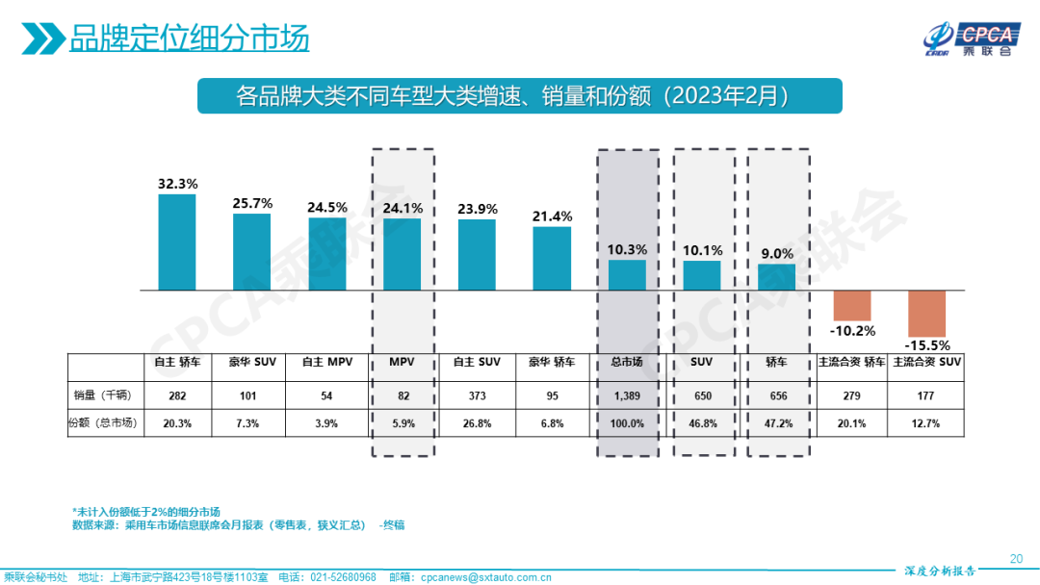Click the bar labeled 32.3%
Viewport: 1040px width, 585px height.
click(177, 242)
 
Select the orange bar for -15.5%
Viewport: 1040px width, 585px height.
click(927, 313)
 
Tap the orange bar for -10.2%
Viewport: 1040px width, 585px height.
click(852, 305)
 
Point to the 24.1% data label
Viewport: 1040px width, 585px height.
click(403, 208)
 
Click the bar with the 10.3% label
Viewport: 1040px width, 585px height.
click(628, 274)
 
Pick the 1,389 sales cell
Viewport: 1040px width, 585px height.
click(628, 395)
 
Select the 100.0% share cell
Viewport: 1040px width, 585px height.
click(628, 422)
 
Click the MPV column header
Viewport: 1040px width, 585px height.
click(403, 363)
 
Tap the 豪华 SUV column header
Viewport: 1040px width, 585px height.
click(252, 363)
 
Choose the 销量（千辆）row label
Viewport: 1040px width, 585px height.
click(104, 395)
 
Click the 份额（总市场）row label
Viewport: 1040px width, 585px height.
click(104, 422)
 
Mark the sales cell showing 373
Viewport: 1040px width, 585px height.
click(477, 395)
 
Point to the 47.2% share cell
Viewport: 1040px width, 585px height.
click(777, 422)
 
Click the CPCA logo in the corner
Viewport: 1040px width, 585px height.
click(967, 38)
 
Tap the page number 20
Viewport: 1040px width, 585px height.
click(1015, 558)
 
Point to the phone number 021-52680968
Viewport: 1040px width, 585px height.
click(342, 577)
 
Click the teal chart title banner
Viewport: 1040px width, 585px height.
click(520, 96)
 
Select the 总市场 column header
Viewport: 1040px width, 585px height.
click(628, 363)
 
